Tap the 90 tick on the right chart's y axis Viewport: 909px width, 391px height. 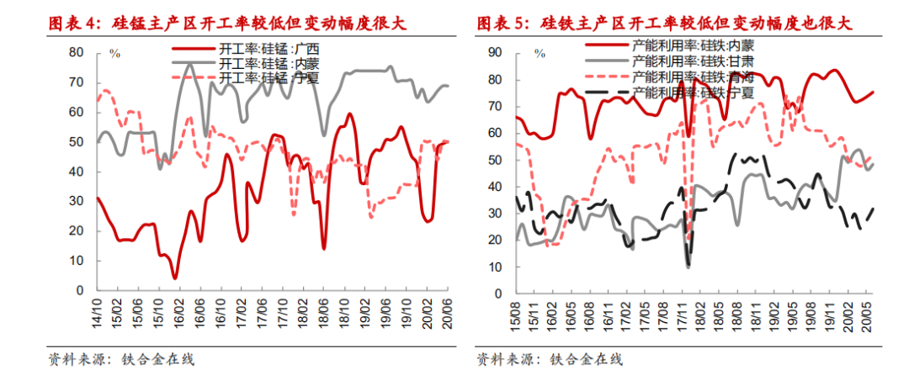495,52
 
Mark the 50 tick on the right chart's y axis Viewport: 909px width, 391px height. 495,160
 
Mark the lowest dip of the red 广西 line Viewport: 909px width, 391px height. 175,277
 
